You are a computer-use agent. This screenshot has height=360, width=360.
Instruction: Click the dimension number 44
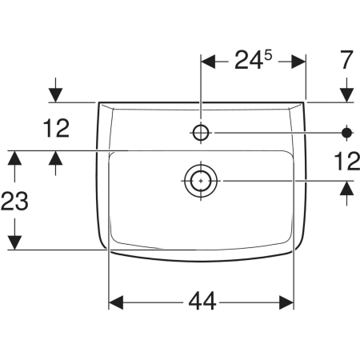pos(202,301)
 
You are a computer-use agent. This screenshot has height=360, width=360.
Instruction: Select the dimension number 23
pos(14,201)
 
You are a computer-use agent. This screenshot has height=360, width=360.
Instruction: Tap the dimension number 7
pos(346,60)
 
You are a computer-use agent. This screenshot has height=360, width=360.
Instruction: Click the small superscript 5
pos(268,55)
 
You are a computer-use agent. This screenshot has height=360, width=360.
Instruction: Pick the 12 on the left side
pos(56,129)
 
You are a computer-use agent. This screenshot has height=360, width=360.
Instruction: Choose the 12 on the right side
pos(347,162)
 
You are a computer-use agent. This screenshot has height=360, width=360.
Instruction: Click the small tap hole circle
pos(201,133)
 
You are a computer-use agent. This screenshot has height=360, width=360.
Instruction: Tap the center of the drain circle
pos(201,181)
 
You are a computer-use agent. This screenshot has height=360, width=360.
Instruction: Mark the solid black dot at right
pos(346,133)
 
